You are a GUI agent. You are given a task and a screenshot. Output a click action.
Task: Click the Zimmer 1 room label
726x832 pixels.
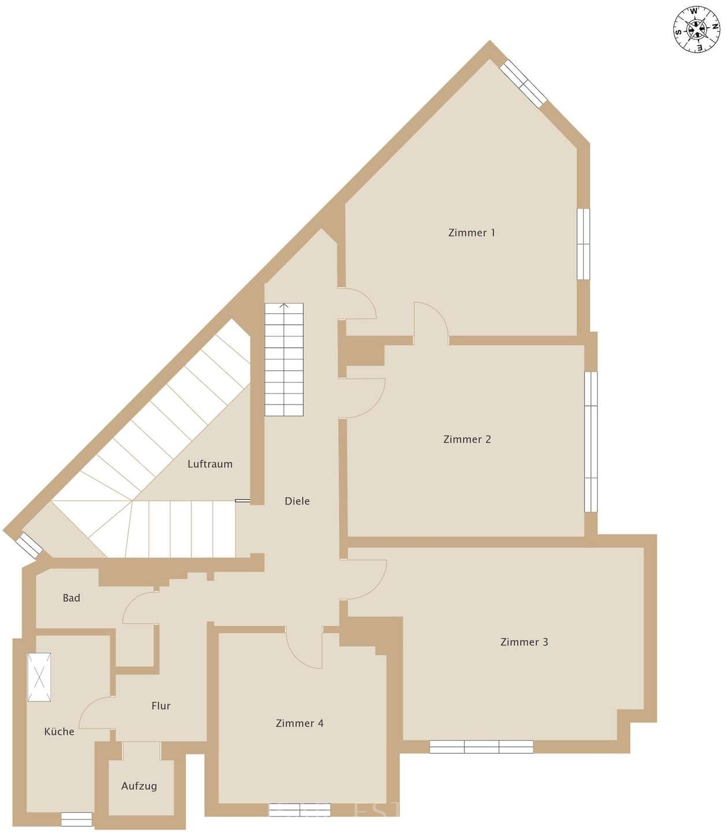[471, 233]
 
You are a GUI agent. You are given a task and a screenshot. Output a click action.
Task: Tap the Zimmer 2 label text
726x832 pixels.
[466, 439]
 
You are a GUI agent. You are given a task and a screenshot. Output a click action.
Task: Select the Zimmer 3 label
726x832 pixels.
[524, 642]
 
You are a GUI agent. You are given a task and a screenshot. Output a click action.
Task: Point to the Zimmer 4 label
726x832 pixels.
[299, 723]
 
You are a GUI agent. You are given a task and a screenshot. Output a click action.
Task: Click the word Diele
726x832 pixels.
[297, 502]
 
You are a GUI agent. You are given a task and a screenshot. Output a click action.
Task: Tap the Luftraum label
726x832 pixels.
[210, 464]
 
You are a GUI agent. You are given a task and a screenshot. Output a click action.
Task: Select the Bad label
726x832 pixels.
[71, 598]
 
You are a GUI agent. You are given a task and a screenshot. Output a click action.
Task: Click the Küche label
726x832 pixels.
[59, 732]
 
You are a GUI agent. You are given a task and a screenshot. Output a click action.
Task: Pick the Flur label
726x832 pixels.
[161, 705]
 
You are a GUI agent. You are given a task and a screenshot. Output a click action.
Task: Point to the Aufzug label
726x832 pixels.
[139, 786]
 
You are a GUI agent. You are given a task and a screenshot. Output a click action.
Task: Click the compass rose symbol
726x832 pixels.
[697, 28]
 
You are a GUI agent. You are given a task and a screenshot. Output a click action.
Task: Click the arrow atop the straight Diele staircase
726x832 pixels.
[284, 306]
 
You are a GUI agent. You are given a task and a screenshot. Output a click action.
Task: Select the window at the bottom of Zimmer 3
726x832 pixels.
[481, 747]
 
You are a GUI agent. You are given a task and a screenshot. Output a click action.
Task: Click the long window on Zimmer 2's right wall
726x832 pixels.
[590, 441]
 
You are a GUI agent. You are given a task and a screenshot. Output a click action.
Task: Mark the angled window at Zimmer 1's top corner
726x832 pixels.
[523, 84]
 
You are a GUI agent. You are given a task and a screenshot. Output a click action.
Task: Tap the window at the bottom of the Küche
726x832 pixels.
[76, 819]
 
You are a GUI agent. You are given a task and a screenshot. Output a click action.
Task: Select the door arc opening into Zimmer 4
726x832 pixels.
[305, 647]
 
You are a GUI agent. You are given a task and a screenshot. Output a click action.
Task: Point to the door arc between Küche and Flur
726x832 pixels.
[96, 714]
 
